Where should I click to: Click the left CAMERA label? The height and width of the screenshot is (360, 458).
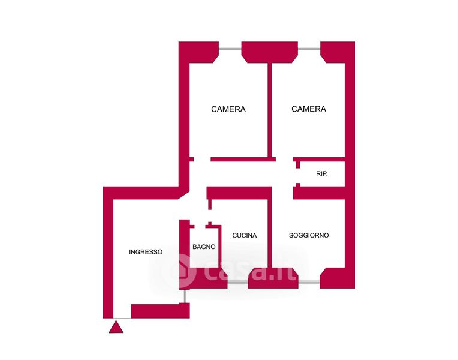(x=228, y=109)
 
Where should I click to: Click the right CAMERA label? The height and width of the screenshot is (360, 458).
(x=309, y=109)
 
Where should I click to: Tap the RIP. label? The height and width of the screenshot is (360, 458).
(x=321, y=174)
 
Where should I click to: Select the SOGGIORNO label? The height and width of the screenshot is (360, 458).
(x=309, y=235)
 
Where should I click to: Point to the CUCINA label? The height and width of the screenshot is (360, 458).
(x=244, y=235)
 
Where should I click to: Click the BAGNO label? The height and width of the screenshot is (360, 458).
(x=204, y=247)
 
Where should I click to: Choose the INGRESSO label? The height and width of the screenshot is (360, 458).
(x=146, y=252)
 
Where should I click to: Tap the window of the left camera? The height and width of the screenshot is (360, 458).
(x=230, y=48)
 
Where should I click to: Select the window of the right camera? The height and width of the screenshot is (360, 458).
(x=309, y=48)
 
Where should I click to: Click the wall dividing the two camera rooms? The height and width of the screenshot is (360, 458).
(x=270, y=108)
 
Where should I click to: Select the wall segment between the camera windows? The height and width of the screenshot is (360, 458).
(x=269, y=51)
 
